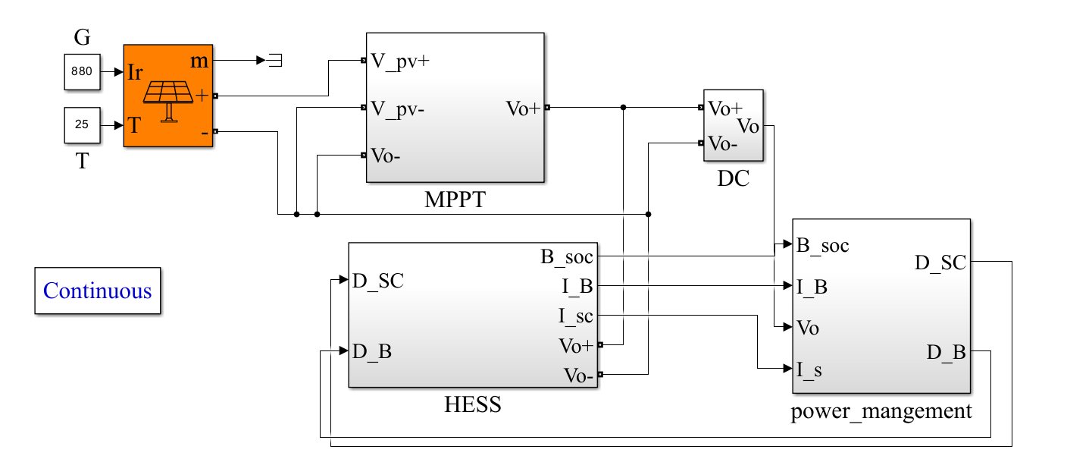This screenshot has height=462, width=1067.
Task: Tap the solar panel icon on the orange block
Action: tap(167, 99)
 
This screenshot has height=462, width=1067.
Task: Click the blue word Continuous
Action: tap(98, 291)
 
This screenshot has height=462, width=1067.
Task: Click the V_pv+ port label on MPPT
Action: tap(400, 61)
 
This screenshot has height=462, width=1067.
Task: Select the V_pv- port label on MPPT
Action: tap(397, 108)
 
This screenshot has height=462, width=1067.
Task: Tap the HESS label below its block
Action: tap(472, 405)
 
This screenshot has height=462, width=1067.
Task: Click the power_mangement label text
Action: tap(881, 411)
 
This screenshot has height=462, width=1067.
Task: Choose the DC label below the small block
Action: tap(733, 179)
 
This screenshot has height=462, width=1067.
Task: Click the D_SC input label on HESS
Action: tap(377, 281)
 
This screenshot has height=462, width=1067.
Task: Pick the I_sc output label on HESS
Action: tap(576, 316)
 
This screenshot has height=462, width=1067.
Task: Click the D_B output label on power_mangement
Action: tap(946, 352)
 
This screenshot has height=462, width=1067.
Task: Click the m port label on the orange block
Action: tap(199, 61)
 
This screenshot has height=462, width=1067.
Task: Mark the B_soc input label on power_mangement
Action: tap(822, 245)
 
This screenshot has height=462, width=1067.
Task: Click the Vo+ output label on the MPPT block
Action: tap(523, 108)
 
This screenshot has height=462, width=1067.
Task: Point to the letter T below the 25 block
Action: tap(81, 162)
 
